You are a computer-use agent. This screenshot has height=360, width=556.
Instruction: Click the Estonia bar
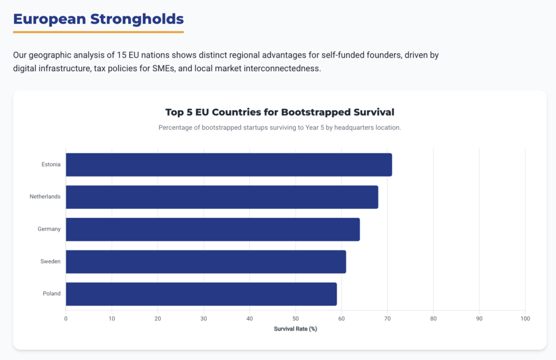(x=229, y=165)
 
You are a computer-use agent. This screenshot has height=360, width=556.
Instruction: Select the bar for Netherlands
(x=222, y=197)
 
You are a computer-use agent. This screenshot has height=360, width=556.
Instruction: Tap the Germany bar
(x=212, y=229)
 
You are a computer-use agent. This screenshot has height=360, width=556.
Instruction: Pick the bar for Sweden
(x=206, y=262)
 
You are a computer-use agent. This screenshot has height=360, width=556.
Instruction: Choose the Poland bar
(x=201, y=294)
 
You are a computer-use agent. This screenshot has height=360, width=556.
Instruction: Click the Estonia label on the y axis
(x=51, y=165)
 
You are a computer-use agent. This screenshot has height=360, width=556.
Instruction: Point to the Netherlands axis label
(x=45, y=197)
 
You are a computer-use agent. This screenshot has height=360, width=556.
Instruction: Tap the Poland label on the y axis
(x=52, y=294)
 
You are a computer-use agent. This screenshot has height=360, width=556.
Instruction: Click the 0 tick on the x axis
(x=66, y=318)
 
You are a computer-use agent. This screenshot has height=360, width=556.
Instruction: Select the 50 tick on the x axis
(x=295, y=318)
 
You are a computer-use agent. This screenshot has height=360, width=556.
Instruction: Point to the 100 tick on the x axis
(x=525, y=318)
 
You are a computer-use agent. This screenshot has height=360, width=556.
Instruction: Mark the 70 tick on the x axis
(x=387, y=318)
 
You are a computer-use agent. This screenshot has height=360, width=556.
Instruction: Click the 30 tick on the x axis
(x=204, y=318)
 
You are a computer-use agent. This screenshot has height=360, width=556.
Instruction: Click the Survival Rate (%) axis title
(x=295, y=329)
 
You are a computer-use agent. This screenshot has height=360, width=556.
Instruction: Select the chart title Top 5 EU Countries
(x=280, y=112)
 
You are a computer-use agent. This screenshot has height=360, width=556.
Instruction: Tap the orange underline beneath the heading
(x=98, y=32)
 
